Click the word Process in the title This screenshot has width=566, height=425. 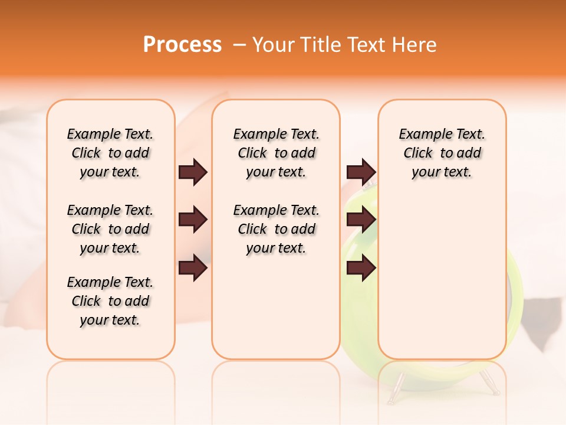pos(182,45)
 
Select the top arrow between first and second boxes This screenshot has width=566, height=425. pos(193,172)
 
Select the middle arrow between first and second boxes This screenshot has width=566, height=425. pos(193,220)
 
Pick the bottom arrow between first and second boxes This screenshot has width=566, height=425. pos(193,269)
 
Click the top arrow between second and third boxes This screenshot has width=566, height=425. pos(361,172)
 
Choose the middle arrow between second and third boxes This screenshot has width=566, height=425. pos(361,220)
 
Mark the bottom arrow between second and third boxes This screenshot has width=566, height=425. pos(361,269)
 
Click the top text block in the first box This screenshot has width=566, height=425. pos(110,153)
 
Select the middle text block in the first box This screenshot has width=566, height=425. pos(110,229)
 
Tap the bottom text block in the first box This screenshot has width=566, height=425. pos(110,301)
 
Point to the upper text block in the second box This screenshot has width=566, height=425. pos(276,153)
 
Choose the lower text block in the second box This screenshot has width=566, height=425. pos(276,229)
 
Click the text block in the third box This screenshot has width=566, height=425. pos(442,153)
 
